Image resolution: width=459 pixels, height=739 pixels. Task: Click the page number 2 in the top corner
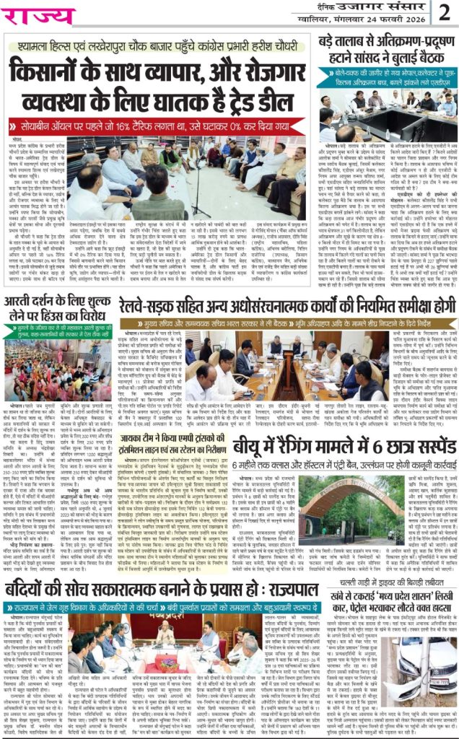click(445, 12)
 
